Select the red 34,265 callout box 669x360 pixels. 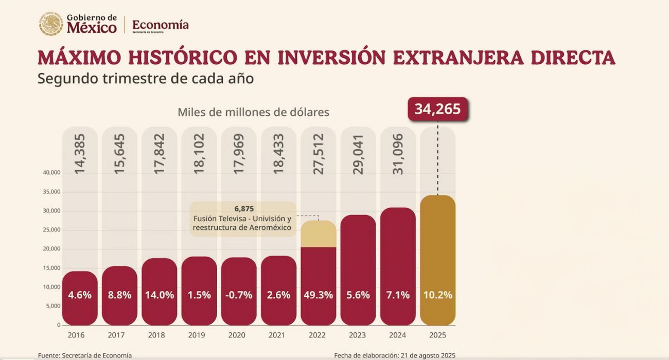coord(437,109)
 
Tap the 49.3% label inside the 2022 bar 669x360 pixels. coord(318,295)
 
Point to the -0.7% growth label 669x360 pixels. coord(239,295)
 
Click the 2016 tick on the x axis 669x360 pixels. coord(76,335)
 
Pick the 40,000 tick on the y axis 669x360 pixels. coord(51,173)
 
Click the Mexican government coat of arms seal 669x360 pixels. coord(51,24)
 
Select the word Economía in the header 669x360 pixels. coord(160,24)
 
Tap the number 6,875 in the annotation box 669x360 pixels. coord(244,209)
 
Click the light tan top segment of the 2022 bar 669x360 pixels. coord(318,233)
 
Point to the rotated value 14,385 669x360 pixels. coord(80,154)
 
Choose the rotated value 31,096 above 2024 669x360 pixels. coord(398,154)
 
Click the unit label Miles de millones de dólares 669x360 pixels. coord(253,112)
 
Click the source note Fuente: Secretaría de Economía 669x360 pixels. coord(85,355)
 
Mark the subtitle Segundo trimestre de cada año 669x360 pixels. coord(146,80)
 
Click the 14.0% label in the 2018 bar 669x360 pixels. coord(159,295)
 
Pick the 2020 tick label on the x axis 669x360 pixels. coord(237,335)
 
